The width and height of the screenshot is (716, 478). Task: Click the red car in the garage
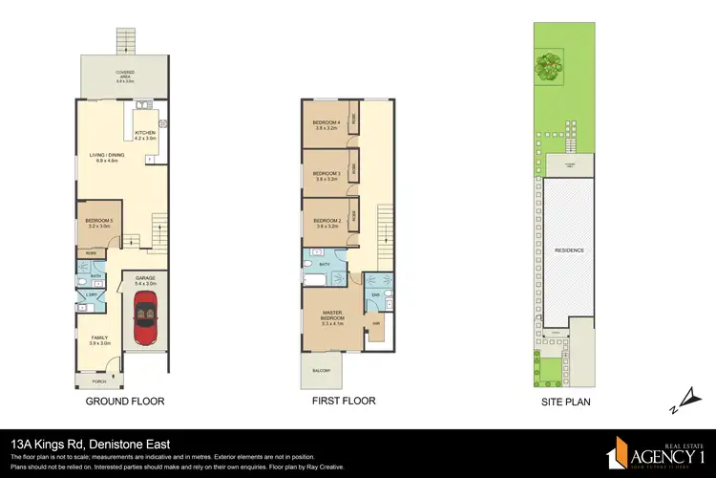point(146,317)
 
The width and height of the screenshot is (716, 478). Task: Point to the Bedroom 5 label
point(99,224)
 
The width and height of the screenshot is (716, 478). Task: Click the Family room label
point(100,339)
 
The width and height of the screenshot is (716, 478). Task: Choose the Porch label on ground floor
point(100,380)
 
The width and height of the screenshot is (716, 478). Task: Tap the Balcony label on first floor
point(322,371)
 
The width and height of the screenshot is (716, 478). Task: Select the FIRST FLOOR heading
point(344,402)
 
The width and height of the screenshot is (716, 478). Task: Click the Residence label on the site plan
point(569,250)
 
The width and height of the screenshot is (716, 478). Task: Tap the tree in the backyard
point(547,66)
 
